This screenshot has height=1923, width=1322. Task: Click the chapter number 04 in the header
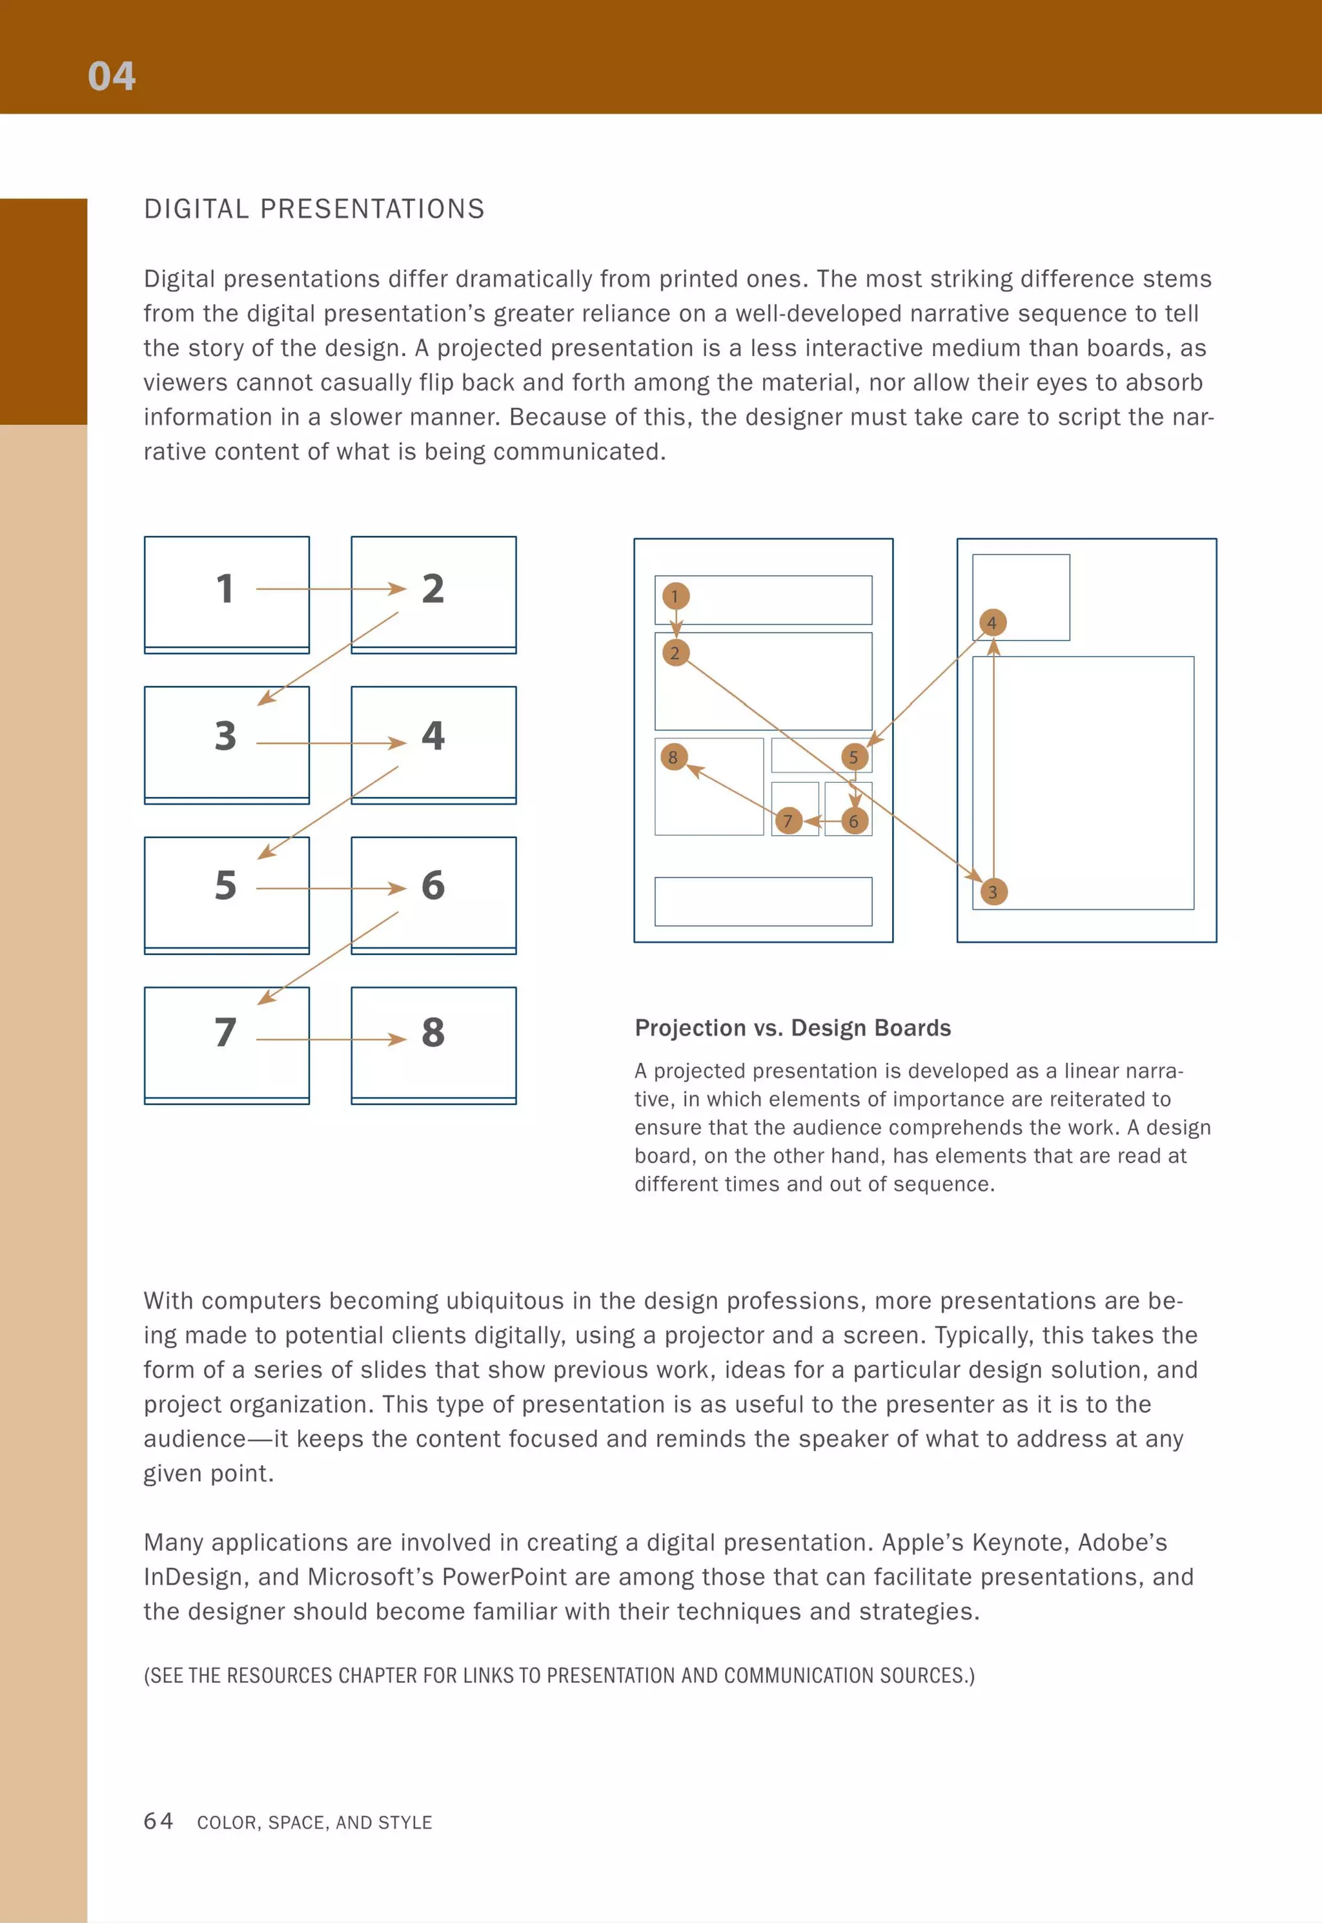[111, 76]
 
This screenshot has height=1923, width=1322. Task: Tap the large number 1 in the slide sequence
[225, 589]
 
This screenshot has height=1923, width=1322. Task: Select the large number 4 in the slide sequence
[432, 735]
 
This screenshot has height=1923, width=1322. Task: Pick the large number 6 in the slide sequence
[432, 886]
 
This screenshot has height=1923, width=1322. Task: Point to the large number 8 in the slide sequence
[432, 1033]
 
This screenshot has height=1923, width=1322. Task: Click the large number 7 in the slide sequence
[225, 1033]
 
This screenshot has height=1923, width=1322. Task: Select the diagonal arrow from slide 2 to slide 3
[328, 659]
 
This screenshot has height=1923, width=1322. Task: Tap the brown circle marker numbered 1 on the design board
[675, 596]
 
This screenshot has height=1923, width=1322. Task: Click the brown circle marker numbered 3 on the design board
[992, 892]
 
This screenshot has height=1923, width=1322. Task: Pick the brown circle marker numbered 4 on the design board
[991, 622]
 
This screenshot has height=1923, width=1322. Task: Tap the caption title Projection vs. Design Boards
[792, 1027]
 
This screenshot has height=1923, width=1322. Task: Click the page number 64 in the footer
[158, 1820]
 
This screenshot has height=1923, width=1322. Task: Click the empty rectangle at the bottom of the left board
[762, 901]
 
